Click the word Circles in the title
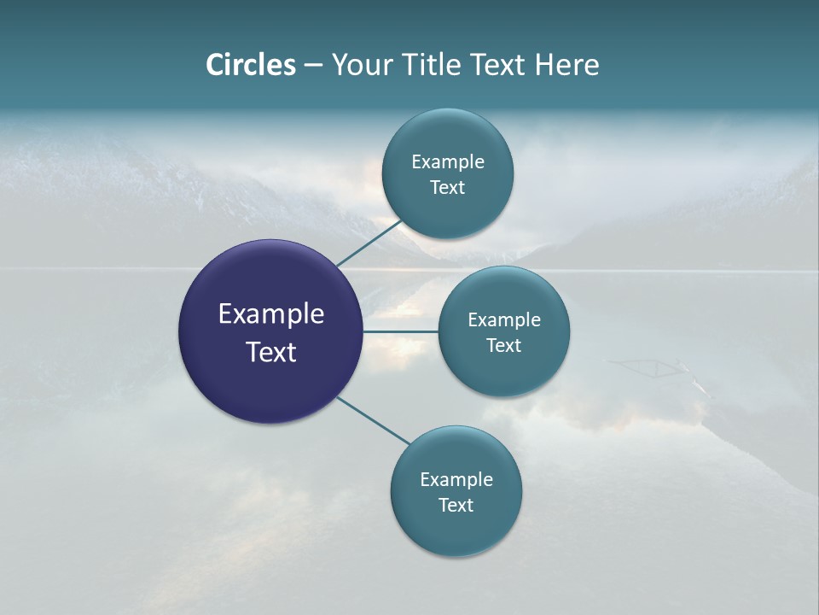coord(251,65)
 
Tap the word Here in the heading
coord(566,65)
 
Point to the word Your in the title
coord(360,65)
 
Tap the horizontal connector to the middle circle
coord(400,331)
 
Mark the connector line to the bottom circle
coord(374,420)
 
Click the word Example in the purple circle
coord(270,314)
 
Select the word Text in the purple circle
coord(270,352)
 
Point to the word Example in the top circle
coord(448,162)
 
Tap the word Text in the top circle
coord(447,188)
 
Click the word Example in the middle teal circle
coord(503,320)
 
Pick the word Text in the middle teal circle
coord(503,345)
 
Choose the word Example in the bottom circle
coord(456,480)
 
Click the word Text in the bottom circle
coord(456,505)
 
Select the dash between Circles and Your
coord(313,65)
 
